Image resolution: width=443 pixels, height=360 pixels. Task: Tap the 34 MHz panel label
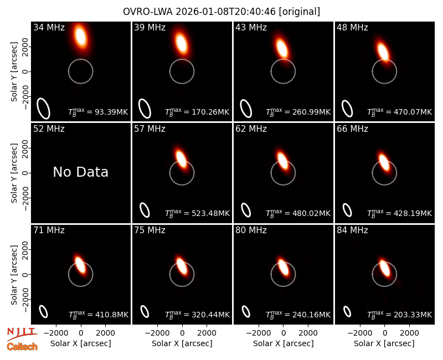[x=49, y=27]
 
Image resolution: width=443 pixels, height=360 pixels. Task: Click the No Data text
[x=80, y=172]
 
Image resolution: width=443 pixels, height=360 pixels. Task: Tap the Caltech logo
[x=22, y=347]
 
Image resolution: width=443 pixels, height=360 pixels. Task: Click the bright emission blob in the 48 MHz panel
[x=383, y=52]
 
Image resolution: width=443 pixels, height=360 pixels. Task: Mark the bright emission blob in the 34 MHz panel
[x=80, y=35]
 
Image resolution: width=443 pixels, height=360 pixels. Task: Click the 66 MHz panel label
[x=352, y=129]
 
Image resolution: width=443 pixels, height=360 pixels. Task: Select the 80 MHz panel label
[x=251, y=230]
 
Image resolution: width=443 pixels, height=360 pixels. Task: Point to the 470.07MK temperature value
[x=413, y=112]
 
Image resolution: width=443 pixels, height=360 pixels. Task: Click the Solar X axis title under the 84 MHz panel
[x=384, y=343]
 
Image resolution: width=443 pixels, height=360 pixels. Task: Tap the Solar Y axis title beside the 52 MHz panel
[x=14, y=173]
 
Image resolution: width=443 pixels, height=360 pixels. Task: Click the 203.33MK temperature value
[x=413, y=315]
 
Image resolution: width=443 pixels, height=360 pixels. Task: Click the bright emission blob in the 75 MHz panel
[x=182, y=266]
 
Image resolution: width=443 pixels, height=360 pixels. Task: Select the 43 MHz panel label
[x=251, y=27]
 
